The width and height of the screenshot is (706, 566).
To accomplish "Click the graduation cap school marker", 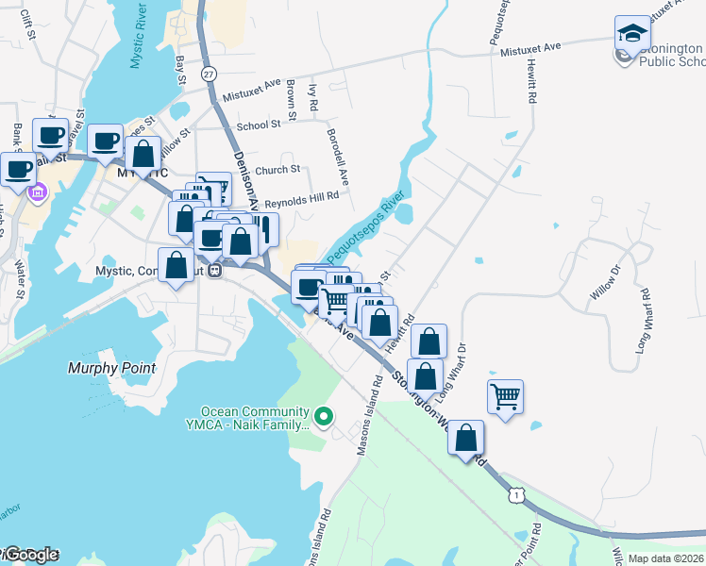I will pos(632,35).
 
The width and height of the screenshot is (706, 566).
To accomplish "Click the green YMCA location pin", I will pos(324,415).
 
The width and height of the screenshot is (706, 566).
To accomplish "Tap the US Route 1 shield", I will pos(515,493).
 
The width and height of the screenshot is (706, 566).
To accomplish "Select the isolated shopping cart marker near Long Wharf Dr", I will pos(506,395).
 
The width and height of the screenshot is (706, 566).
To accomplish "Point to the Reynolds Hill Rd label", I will pos(301,198).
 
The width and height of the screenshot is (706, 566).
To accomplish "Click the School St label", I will pos(259,125).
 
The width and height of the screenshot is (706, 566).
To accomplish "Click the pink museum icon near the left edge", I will pos(38,193).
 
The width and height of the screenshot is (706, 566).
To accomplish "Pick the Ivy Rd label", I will pos(312,95).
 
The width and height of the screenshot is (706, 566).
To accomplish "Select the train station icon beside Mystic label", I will pos(215,271).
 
